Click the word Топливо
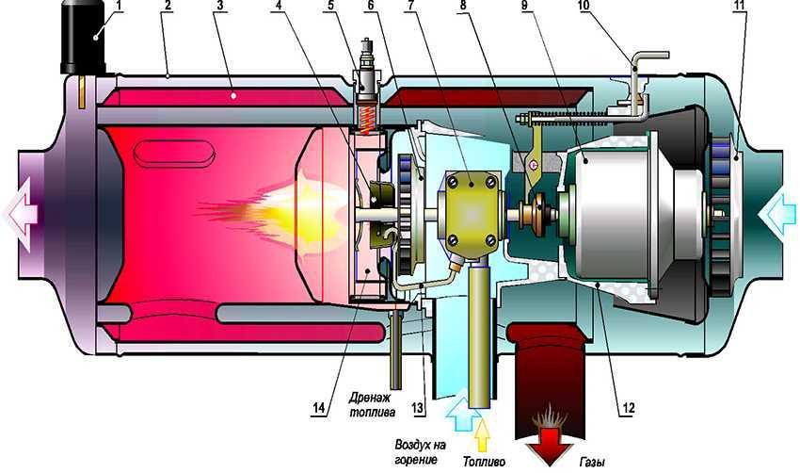486,461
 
